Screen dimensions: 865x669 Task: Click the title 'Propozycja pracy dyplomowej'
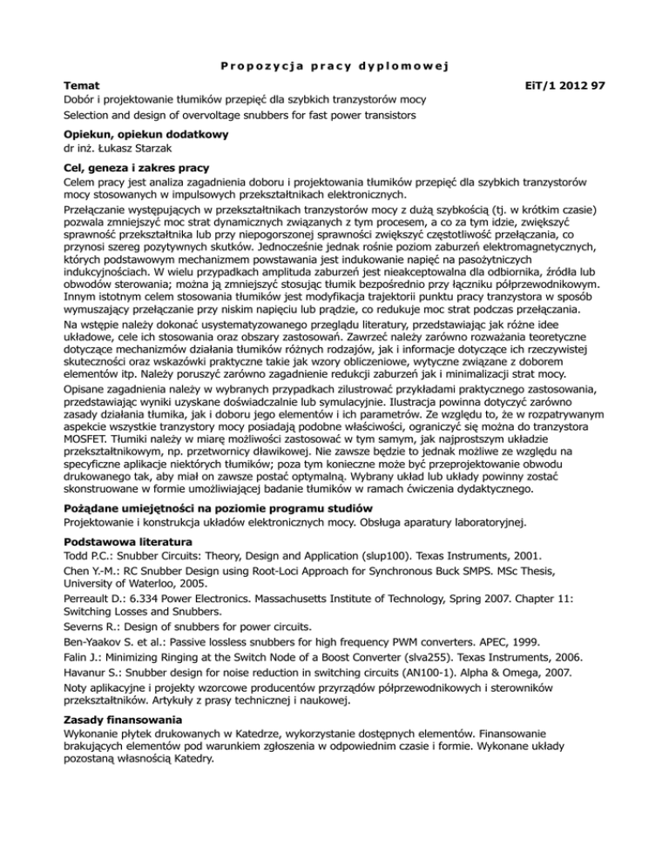tap(334, 65)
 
